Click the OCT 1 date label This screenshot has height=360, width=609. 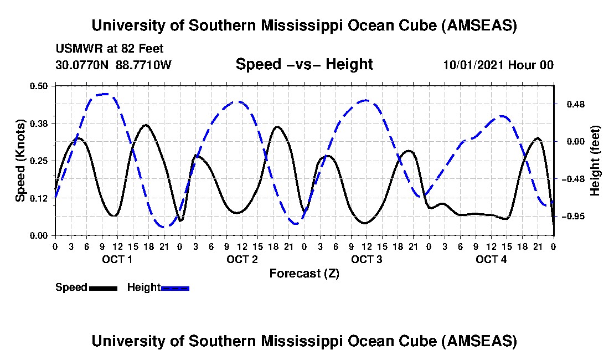pos(117,259)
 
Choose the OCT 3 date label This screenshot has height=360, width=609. pos(367,259)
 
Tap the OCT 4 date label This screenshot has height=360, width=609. pos(491,259)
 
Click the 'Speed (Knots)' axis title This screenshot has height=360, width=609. pos(20,161)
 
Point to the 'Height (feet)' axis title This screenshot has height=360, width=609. pos(595,161)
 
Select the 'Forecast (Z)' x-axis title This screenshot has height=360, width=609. pos(304,273)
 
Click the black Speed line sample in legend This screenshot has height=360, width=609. pos(103,288)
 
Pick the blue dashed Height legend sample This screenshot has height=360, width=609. pos(175,288)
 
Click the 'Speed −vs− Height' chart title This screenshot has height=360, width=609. pos(304,64)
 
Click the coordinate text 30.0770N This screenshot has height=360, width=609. pos(83,65)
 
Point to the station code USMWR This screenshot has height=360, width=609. pos(77,49)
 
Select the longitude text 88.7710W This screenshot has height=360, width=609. pos(144,65)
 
